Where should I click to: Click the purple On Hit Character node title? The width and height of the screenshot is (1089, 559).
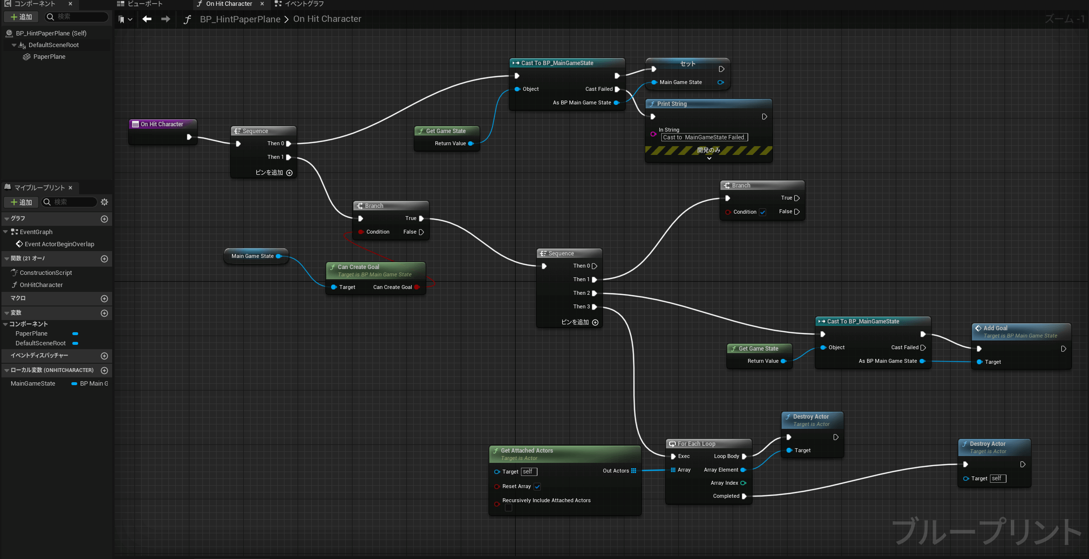(162, 124)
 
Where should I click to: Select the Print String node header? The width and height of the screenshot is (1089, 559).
(708, 104)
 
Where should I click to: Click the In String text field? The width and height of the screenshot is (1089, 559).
(704, 137)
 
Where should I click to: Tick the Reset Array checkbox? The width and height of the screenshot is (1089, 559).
(537, 487)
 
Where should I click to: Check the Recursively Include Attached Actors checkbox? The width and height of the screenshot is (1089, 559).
(508, 508)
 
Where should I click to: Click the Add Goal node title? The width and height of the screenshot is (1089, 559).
(995, 328)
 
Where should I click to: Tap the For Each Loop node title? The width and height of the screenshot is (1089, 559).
(696, 444)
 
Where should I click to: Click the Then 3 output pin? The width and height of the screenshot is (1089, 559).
(594, 307)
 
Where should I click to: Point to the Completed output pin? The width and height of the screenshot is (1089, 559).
(744, 496)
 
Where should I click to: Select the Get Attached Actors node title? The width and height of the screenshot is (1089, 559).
(527, 451)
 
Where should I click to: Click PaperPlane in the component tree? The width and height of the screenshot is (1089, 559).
(49, 57)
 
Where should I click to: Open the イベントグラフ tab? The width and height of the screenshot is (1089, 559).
(304, 4)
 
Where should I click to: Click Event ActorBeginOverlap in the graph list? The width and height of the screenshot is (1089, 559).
(59, 244)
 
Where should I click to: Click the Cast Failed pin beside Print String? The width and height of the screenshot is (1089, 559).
(617, 89)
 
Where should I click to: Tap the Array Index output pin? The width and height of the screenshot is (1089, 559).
(743, 483)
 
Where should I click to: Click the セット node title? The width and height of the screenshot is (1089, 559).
(687, 64)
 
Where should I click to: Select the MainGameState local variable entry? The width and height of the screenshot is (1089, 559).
(33, 384)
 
